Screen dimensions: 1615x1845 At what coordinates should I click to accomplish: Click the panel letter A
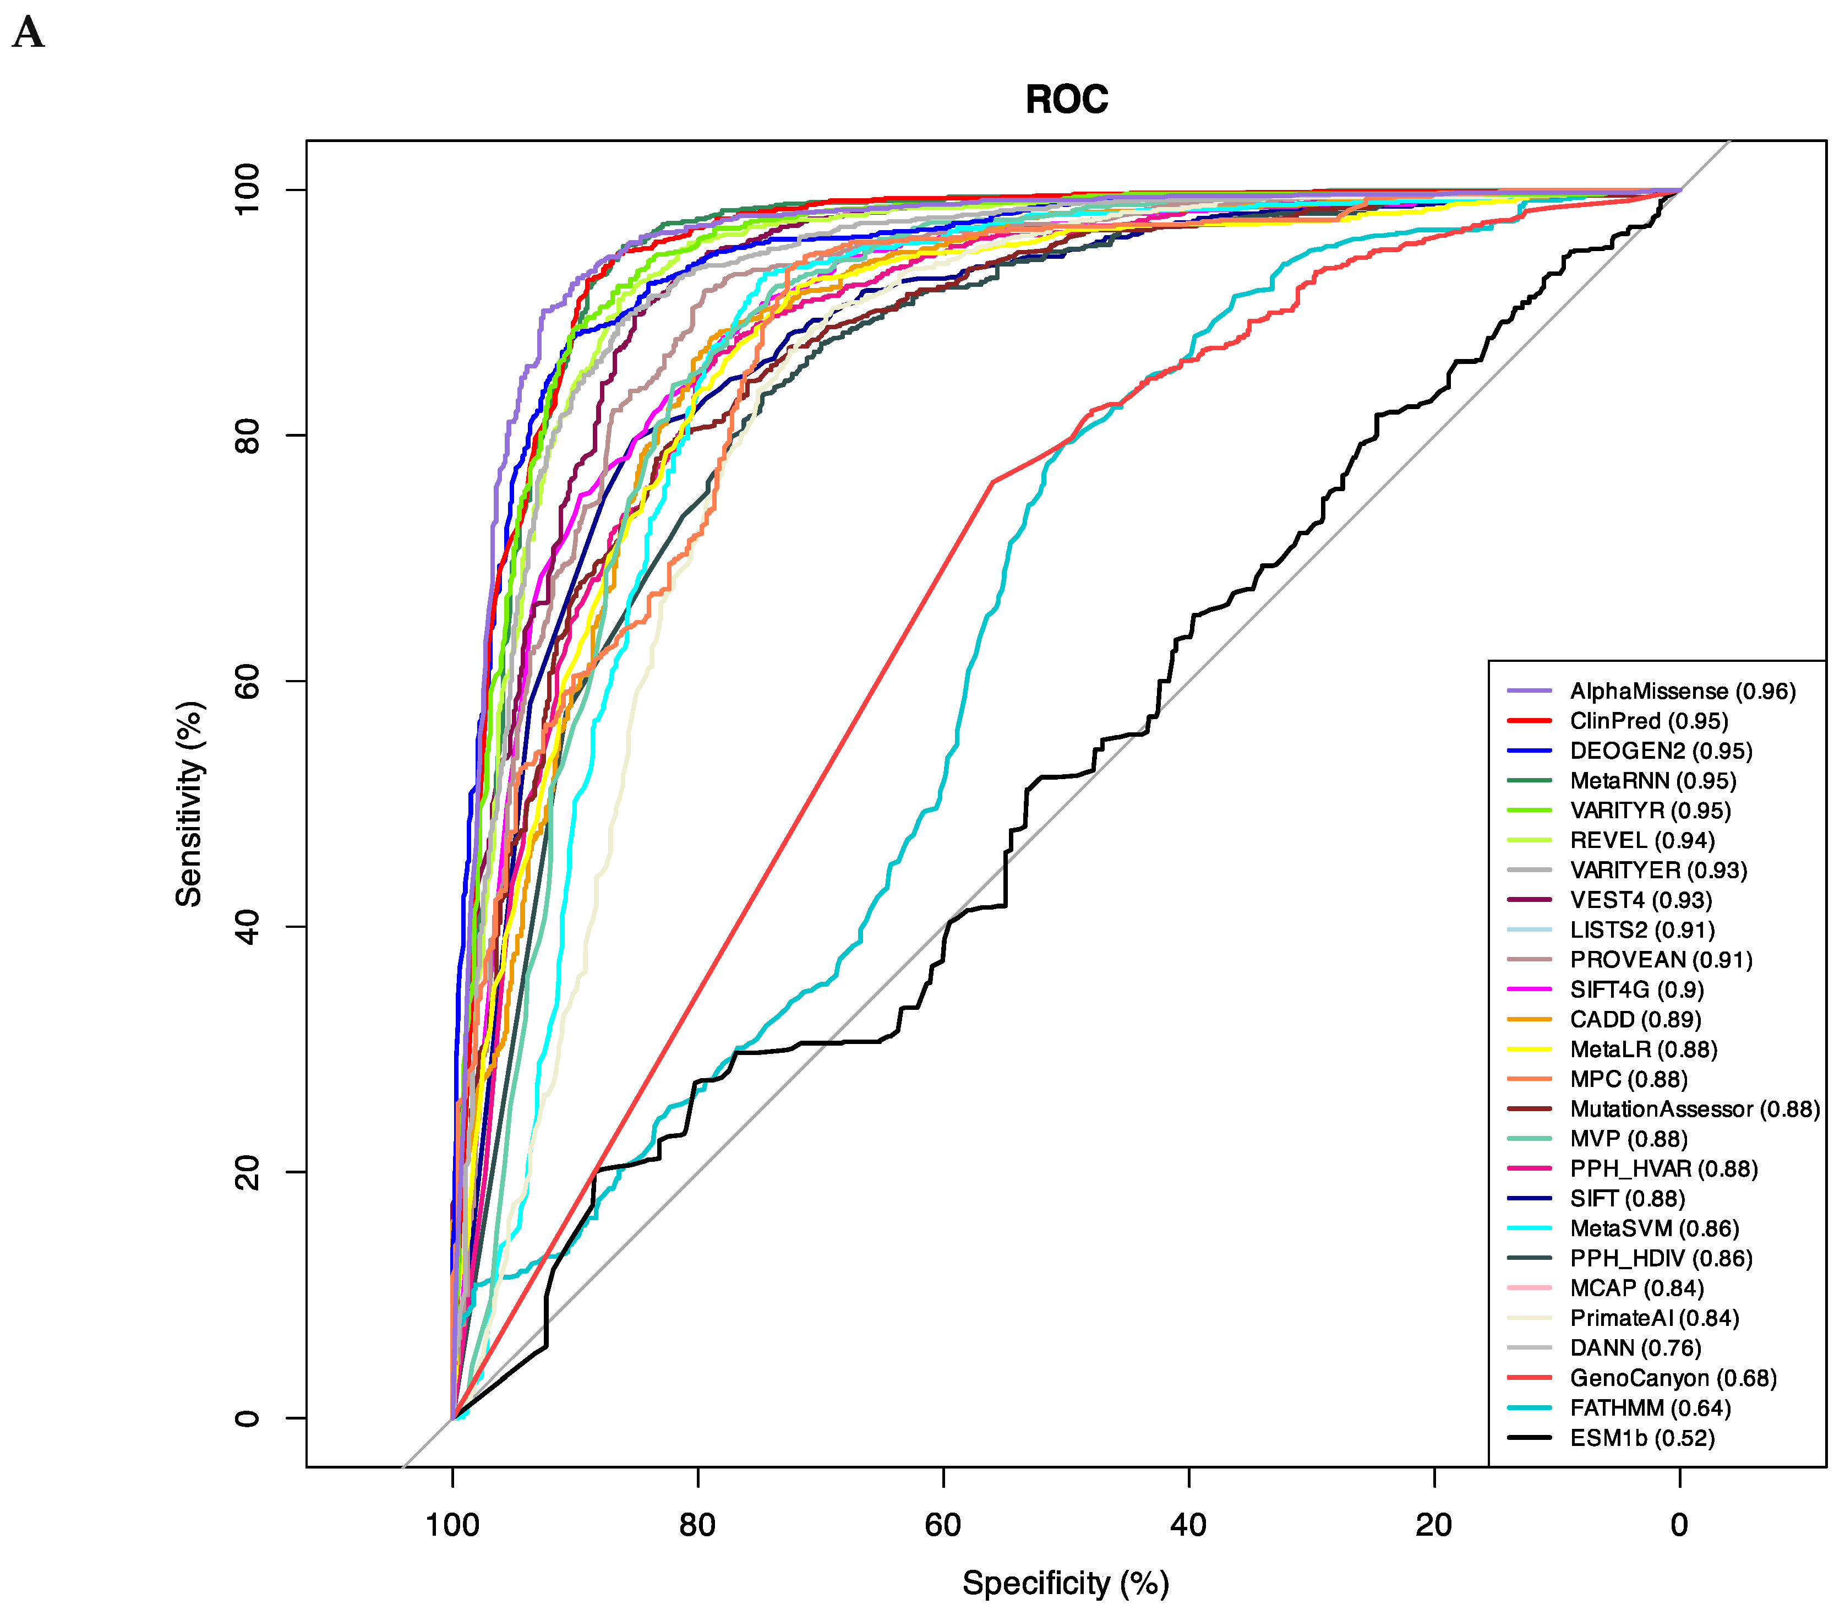click(x=29, y=34)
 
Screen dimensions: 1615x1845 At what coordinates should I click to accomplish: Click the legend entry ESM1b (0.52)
click(x=1641, y=1438)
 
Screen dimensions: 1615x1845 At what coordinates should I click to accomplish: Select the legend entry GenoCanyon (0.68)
click(x=1672, y=1378)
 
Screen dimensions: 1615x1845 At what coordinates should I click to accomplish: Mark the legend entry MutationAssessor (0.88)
click(x=1694, y=1110)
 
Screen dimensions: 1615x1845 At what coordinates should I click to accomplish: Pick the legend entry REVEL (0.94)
click(x=1641, y=841)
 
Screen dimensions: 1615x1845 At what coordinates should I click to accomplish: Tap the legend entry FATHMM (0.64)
click(x=1650, y=1408)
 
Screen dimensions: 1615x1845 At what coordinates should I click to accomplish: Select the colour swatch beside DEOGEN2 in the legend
click(x=1529, y=751)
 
